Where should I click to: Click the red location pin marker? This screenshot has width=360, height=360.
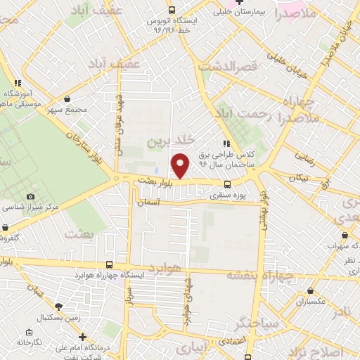pyautogui.click(x=181, y=165)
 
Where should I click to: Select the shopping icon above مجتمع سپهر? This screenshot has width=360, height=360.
pyautogui.click(x=67, y=99)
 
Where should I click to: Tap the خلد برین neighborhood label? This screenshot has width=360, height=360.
pyautogui.click(x=169, y=141)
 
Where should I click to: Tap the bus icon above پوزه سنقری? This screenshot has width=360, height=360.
pyautogui.click(x=226, y=186)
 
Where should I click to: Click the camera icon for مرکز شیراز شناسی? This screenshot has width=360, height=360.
pyautogui.click(x=30, y=197)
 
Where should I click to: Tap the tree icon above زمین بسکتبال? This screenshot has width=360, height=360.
pyautogui.click(x=58, y=307)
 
